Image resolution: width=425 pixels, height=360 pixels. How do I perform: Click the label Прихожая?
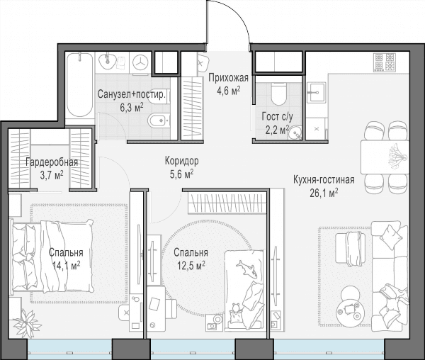(228, 78)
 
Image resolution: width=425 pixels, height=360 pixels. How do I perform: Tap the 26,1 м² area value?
(324, 193)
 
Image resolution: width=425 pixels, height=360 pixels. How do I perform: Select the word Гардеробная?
(52, 162)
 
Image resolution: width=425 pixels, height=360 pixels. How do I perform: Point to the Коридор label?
(181, 161)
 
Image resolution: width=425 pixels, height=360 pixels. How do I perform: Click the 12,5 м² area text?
(191, 265)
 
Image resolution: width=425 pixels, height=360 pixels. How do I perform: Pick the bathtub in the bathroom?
(79, 85)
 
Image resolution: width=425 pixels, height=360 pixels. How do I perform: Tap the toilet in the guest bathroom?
(278, 94)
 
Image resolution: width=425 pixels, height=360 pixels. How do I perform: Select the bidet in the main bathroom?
(159, 120)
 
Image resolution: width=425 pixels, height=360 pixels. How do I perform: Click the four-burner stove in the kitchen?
(384, 62)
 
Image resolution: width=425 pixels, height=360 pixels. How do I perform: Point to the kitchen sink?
(317, 92)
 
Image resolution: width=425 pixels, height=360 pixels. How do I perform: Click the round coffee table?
(349, 310)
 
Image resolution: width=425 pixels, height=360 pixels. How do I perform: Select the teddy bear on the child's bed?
(236, 310)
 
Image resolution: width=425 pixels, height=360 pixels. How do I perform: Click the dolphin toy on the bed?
(246, 269)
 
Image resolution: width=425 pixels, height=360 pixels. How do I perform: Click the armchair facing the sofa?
(349, 249)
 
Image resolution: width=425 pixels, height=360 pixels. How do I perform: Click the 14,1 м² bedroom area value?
(66, 265)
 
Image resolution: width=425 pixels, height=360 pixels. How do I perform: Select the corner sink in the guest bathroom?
(295, 133)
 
